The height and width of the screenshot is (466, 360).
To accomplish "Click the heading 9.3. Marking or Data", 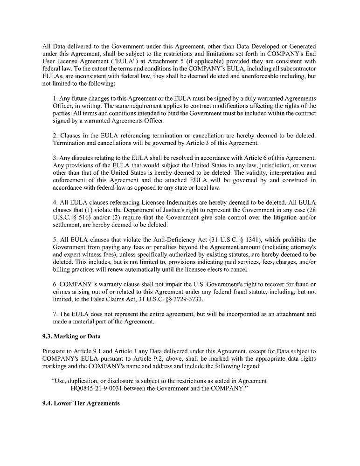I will click(71, 336).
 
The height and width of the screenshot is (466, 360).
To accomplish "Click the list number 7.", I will click(55, 314).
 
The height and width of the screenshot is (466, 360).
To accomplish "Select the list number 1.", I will click(55, 98).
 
